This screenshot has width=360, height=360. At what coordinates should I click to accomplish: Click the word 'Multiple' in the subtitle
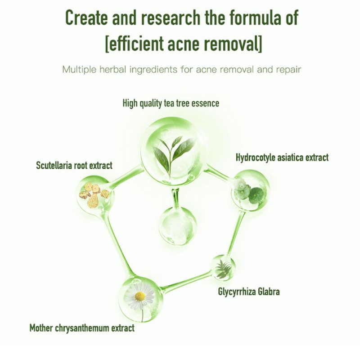click(79, 70)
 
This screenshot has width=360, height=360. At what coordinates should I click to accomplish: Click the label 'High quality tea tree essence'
click(171, 103)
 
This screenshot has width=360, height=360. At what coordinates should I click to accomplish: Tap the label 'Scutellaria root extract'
click(74, 166)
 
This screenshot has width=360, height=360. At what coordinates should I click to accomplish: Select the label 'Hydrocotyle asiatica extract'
click(282, 157)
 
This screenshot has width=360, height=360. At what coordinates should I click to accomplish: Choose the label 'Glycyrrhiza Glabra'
click(249, 292)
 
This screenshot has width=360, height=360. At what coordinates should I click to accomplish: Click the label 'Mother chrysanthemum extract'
click(82, 328)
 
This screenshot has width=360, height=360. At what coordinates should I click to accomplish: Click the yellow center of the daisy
click(140, 296)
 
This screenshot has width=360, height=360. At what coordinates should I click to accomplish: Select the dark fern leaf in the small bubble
click(222, 269)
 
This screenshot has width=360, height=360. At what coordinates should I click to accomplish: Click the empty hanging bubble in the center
click(176, 225)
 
